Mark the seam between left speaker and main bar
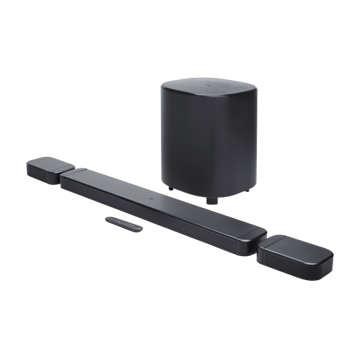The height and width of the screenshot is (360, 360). [x=63, y=169]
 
